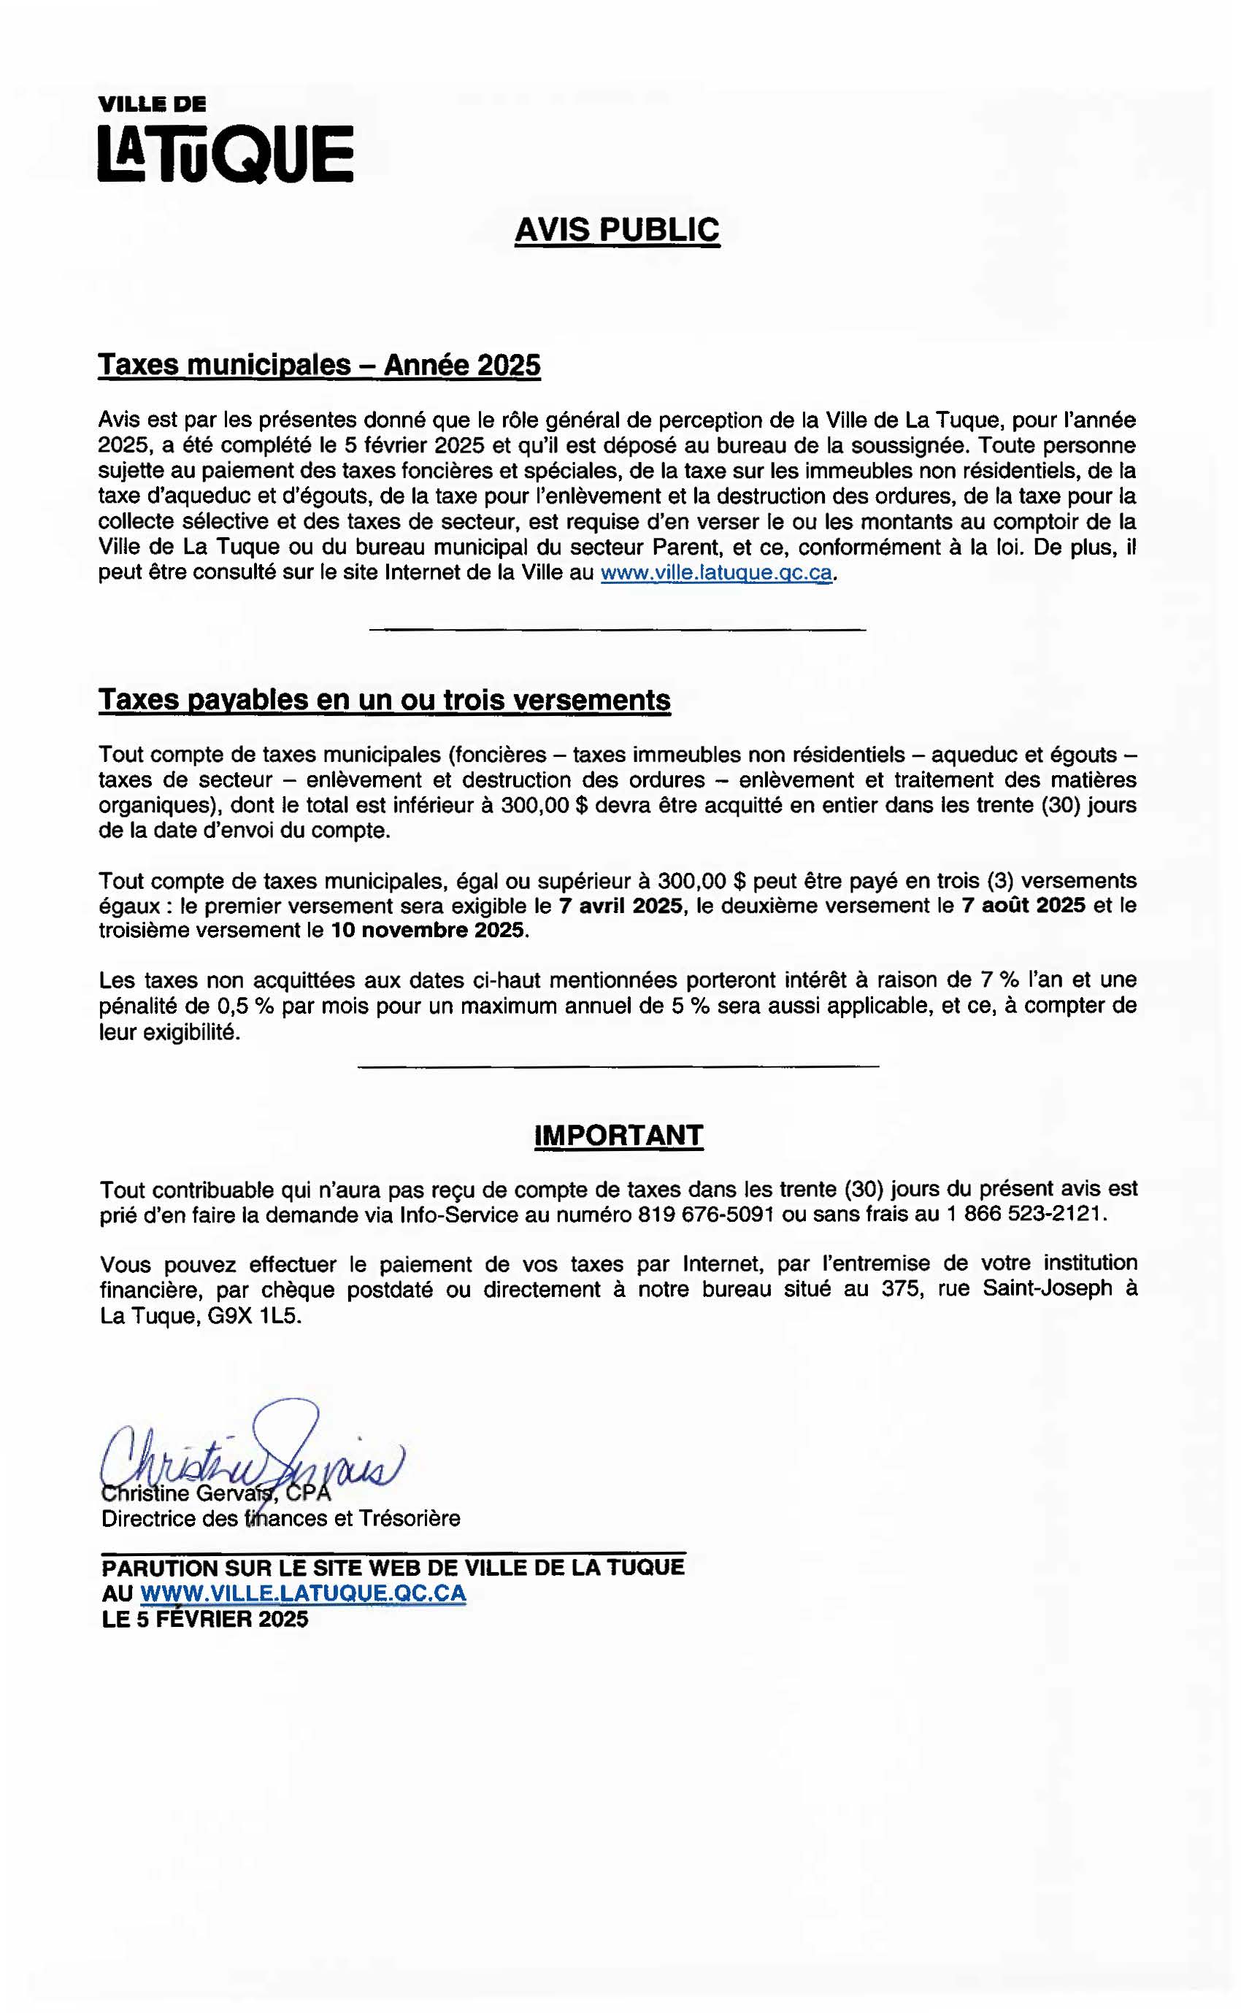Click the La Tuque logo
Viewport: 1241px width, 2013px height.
(226, 153)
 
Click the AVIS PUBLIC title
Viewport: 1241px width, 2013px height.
(618, 230)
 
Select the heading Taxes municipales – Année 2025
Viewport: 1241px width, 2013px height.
(319, 365)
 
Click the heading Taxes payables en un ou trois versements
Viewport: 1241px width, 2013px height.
(384, 700)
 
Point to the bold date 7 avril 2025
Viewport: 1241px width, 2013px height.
(620, 906)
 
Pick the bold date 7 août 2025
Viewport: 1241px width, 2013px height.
(1023, 906)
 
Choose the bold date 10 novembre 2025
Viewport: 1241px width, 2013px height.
(427, 931)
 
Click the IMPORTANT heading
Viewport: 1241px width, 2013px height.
(619, 1136)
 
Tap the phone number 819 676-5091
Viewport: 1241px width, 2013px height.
(705, 1215)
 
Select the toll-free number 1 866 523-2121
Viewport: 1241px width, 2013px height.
(1026, 1215)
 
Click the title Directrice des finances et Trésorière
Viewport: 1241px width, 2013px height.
(281, 1519)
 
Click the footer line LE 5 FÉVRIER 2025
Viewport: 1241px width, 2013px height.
(204, 1619)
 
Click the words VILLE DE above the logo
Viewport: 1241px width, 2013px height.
(152, 104)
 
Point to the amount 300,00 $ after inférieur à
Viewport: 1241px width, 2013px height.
(545, 806)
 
